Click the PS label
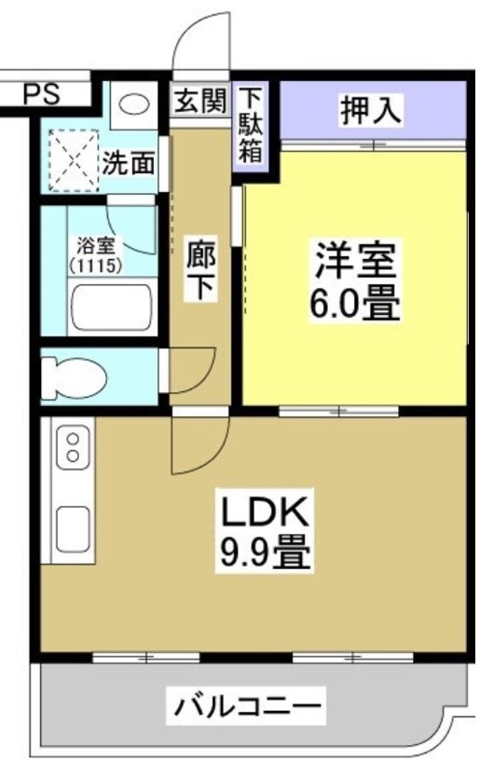[40, 93]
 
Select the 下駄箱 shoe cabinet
[250, 127]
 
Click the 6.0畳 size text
[356, 305]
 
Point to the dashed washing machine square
[72, 161]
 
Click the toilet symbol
[77, 375]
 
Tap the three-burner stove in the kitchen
[72, 446]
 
